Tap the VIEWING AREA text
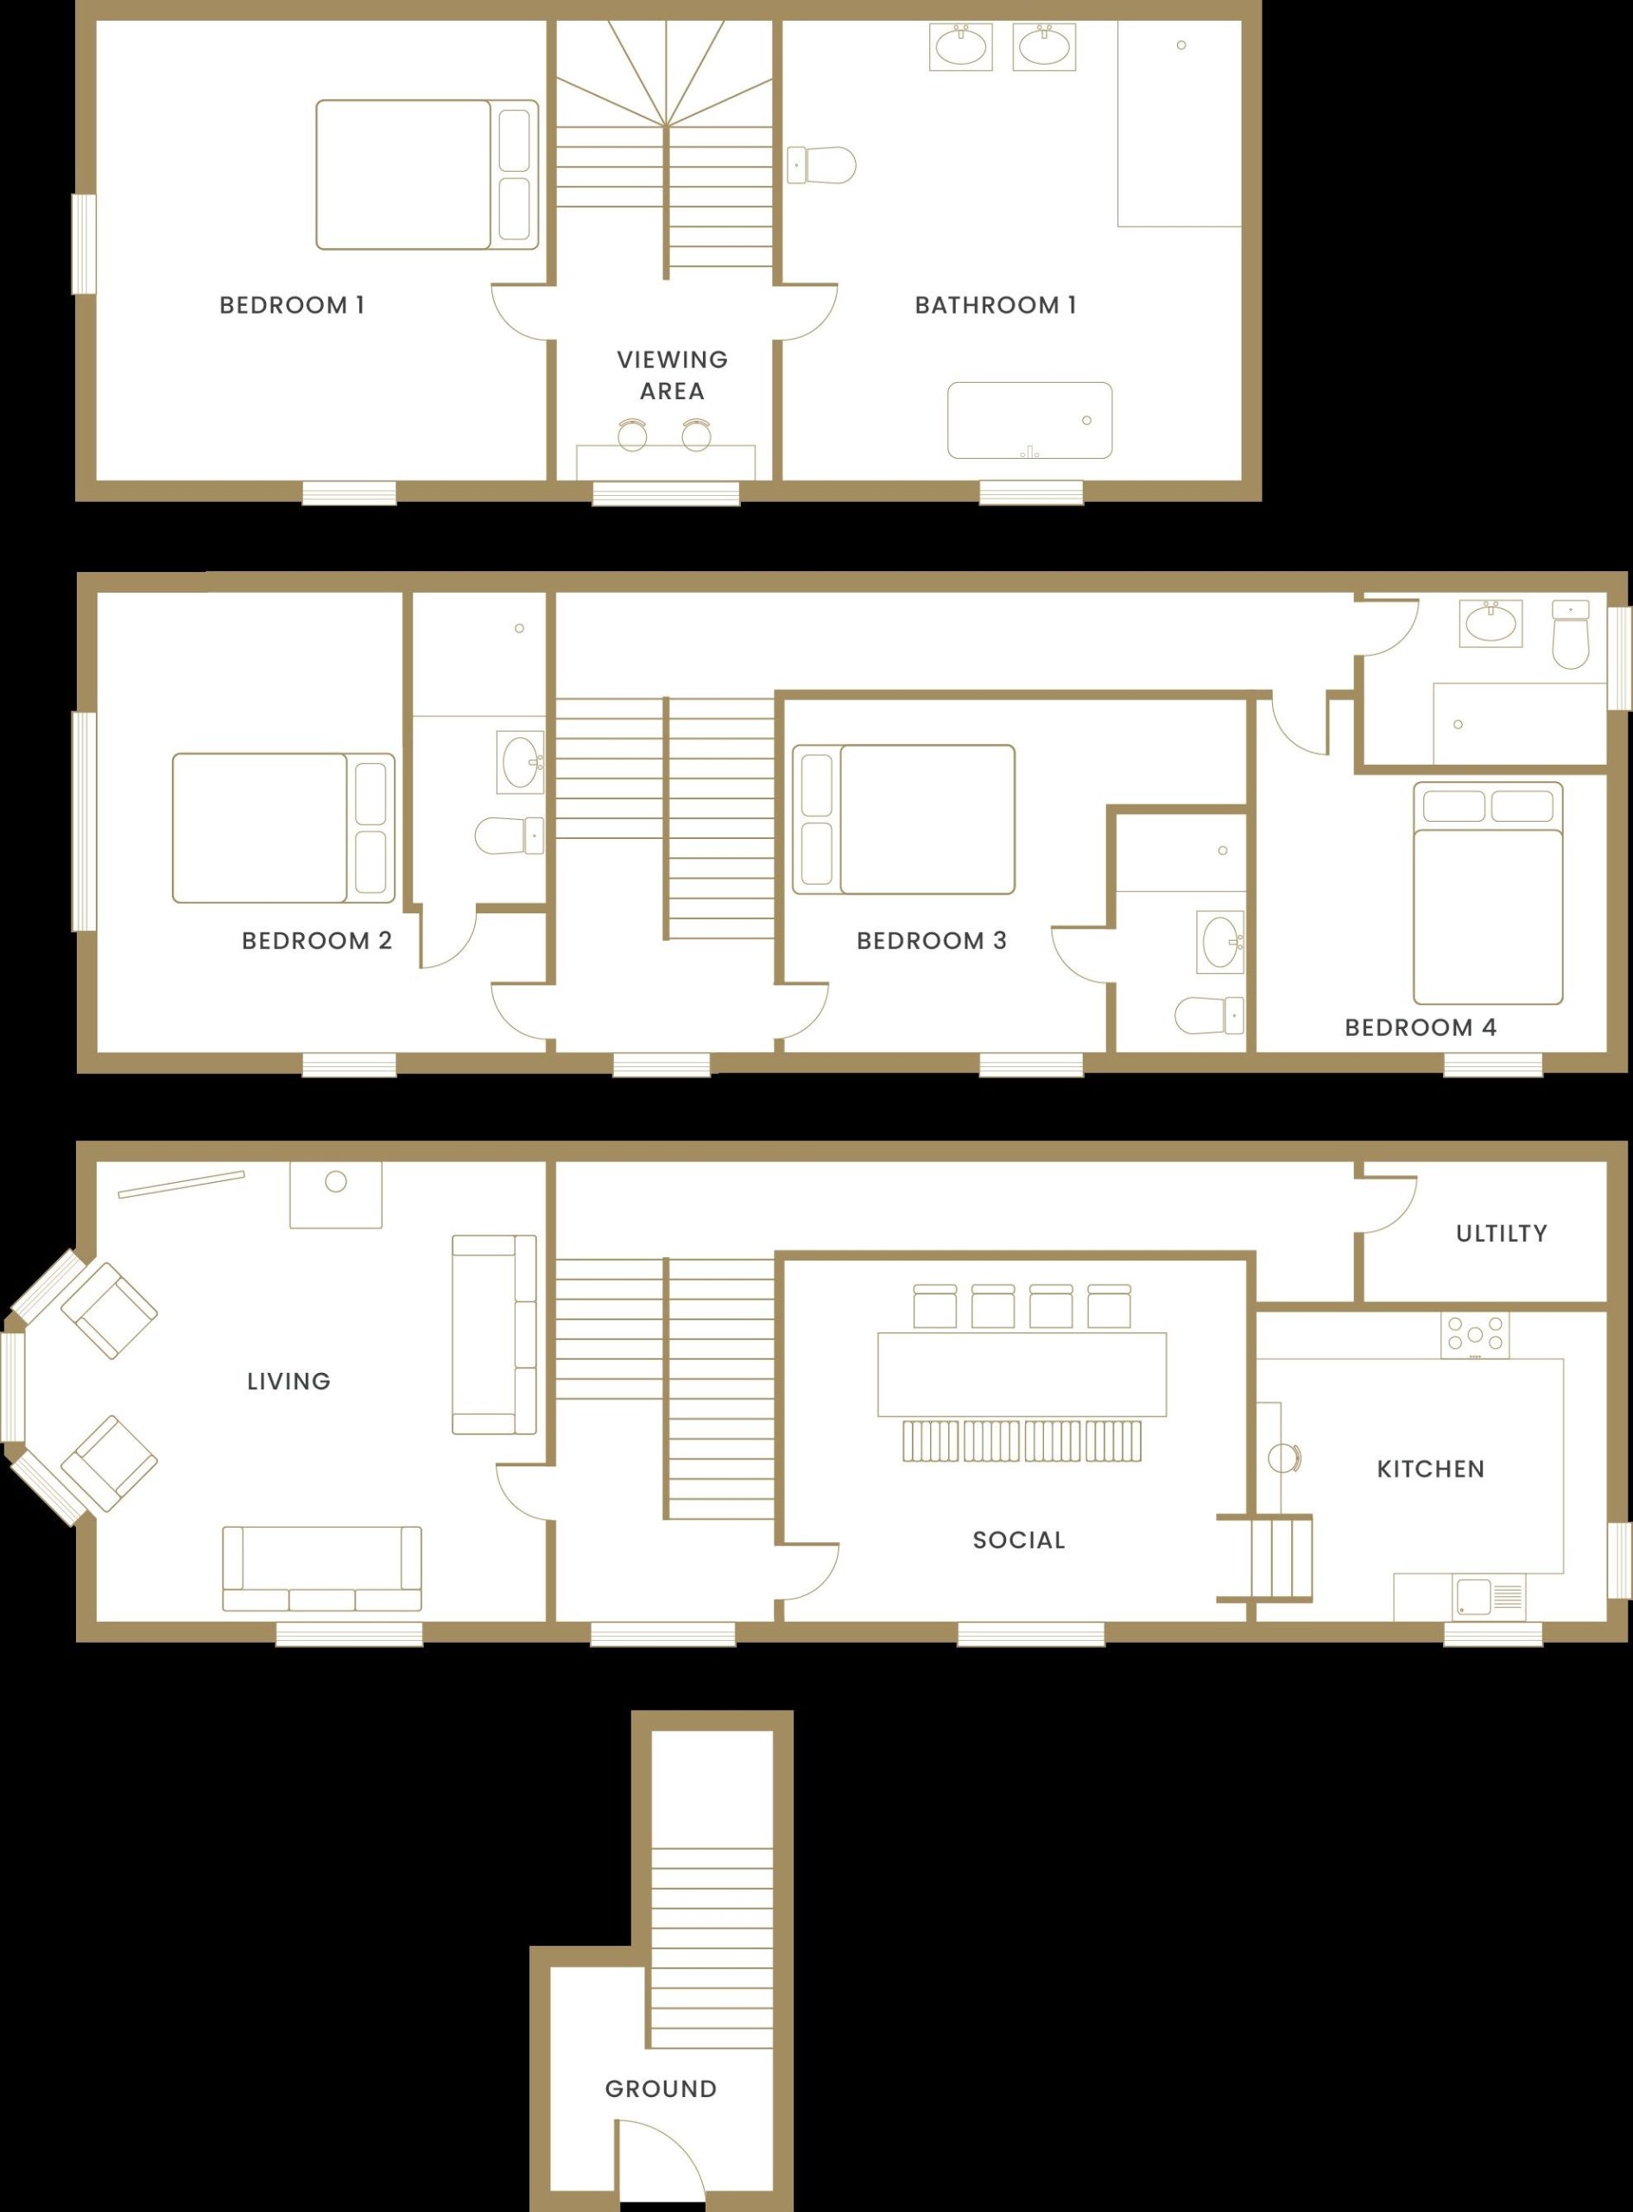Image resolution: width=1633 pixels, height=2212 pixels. pyautogui.click(x=672, y=375)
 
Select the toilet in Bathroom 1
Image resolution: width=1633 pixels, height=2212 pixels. pyautogui.click(x=822, y=165)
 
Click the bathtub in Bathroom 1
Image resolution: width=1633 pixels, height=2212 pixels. pyautogui.click(x=1029, y=420)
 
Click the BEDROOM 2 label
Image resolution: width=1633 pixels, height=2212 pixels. pyautogui.click(x=316, y=940)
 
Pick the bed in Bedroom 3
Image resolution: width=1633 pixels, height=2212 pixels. pyautogui.click(x=903, y=820)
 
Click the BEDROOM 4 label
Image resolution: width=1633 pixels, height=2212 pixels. pyautogui.click(x=1420, y=1027)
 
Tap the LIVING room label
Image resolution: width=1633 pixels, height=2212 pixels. pyautogui.click(x=288, y=1382)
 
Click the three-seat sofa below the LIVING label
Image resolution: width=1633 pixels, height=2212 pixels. pyautogui.click(x=321, y=1568)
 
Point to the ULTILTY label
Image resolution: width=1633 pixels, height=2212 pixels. pyautogui.click(x=1501, y=1233)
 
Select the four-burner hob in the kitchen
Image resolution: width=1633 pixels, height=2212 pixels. pyautogui.click(x=1474, y=1335)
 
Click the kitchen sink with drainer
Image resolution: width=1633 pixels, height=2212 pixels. pyautogui.click(x=1489, y=1597)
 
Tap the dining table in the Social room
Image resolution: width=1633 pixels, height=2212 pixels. pyautogui.click(x=1021, y=1375)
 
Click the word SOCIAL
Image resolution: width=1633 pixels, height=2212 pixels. pyautogui.click(x=1018, y=1540)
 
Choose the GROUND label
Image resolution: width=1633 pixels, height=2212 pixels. pyautogui.click(x=661, y=2088)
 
